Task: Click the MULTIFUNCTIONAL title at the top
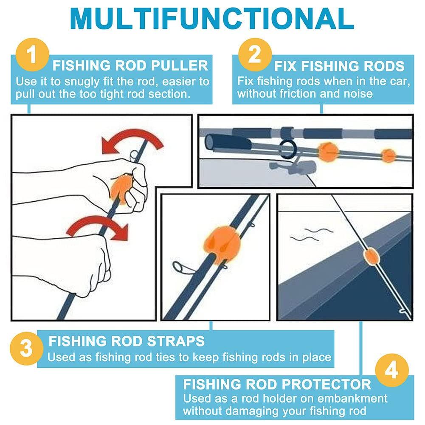tap(212, 19)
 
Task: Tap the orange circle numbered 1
tap(32, 54)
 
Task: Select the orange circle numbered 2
tap(255, 54)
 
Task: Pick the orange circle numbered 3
tap(26, 349)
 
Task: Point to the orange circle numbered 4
tap(391, 370)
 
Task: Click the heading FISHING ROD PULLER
tap(130, 65)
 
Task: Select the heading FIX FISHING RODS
tap(339, 66)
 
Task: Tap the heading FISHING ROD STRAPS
tap(127, 341)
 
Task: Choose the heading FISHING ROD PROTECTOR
tap(277, 385)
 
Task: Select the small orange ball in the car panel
tap(388, 156)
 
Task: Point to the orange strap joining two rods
tap(222, 245)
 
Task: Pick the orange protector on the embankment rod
tap(371, 256)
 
